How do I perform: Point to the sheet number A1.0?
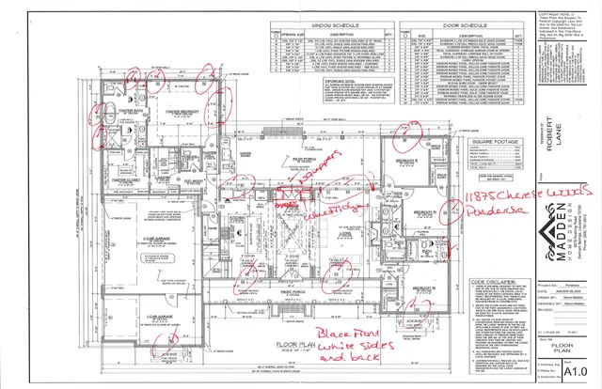point(568,371)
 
